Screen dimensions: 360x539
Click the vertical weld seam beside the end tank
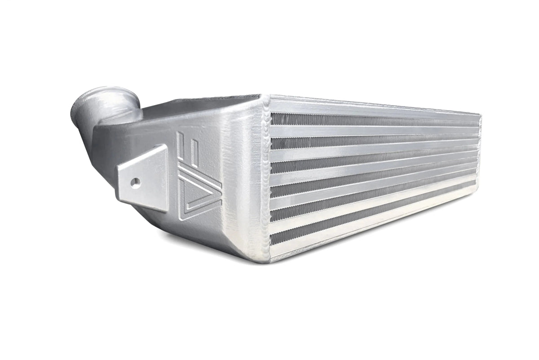coord(265,175)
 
